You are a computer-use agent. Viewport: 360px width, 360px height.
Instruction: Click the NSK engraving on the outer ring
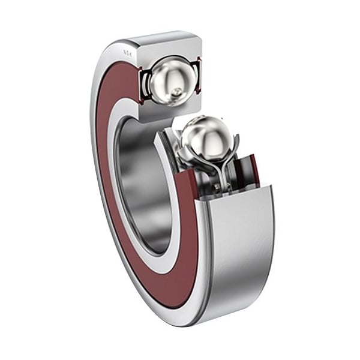(x=127, y=53)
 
